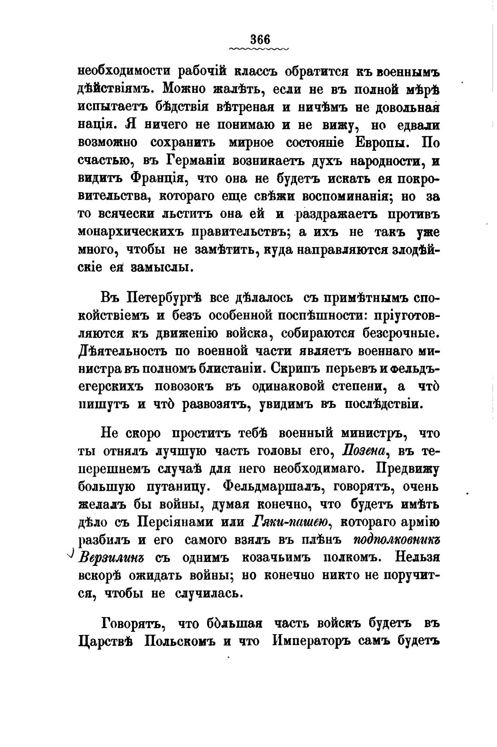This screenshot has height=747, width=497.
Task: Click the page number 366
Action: click(260, 39)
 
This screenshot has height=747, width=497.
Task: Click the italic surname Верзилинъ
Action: click(111, 557)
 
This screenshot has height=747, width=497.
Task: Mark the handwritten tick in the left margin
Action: click(71, 553)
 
